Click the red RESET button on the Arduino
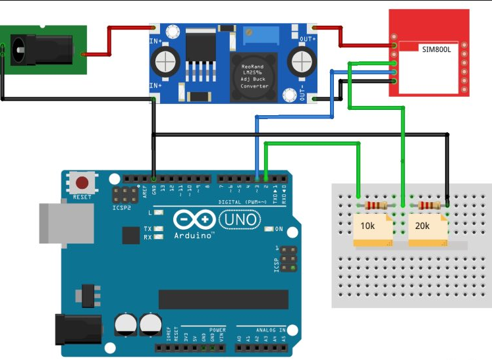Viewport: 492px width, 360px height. [83, 183]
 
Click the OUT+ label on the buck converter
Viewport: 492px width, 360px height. [308, 39]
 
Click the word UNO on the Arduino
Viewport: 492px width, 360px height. [239, 219]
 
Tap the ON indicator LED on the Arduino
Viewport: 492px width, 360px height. [269, 229]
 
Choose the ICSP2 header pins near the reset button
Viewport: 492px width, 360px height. [122, 195]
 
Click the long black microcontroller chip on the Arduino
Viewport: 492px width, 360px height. [223, 299]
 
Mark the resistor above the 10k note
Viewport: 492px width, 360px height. [375, 206]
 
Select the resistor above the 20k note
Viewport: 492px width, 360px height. [429, 206]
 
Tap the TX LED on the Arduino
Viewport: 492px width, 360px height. [158, 228]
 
